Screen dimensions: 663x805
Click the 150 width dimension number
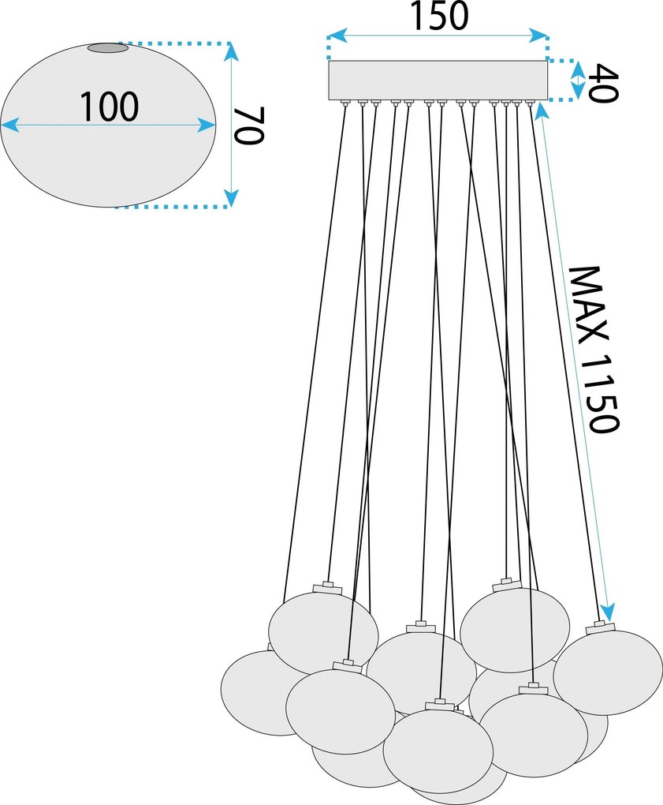coord(440,16)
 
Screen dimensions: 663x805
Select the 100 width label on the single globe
coord(109,107)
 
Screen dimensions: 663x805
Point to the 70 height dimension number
coord(248,126)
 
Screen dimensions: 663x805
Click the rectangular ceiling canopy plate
coord(438,80)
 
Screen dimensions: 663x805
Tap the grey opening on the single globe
coord(108,47)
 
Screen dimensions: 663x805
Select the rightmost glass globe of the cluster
coord(608,672)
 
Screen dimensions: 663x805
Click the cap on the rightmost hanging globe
coord(600,627)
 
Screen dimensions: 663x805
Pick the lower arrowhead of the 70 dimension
coord(232,197)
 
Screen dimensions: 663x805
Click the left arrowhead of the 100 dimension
coord(9,125)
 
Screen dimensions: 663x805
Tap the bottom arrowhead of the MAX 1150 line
coord(607,612)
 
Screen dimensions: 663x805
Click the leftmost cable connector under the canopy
coord(345,103)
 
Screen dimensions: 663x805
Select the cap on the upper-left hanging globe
coord(327,588)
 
